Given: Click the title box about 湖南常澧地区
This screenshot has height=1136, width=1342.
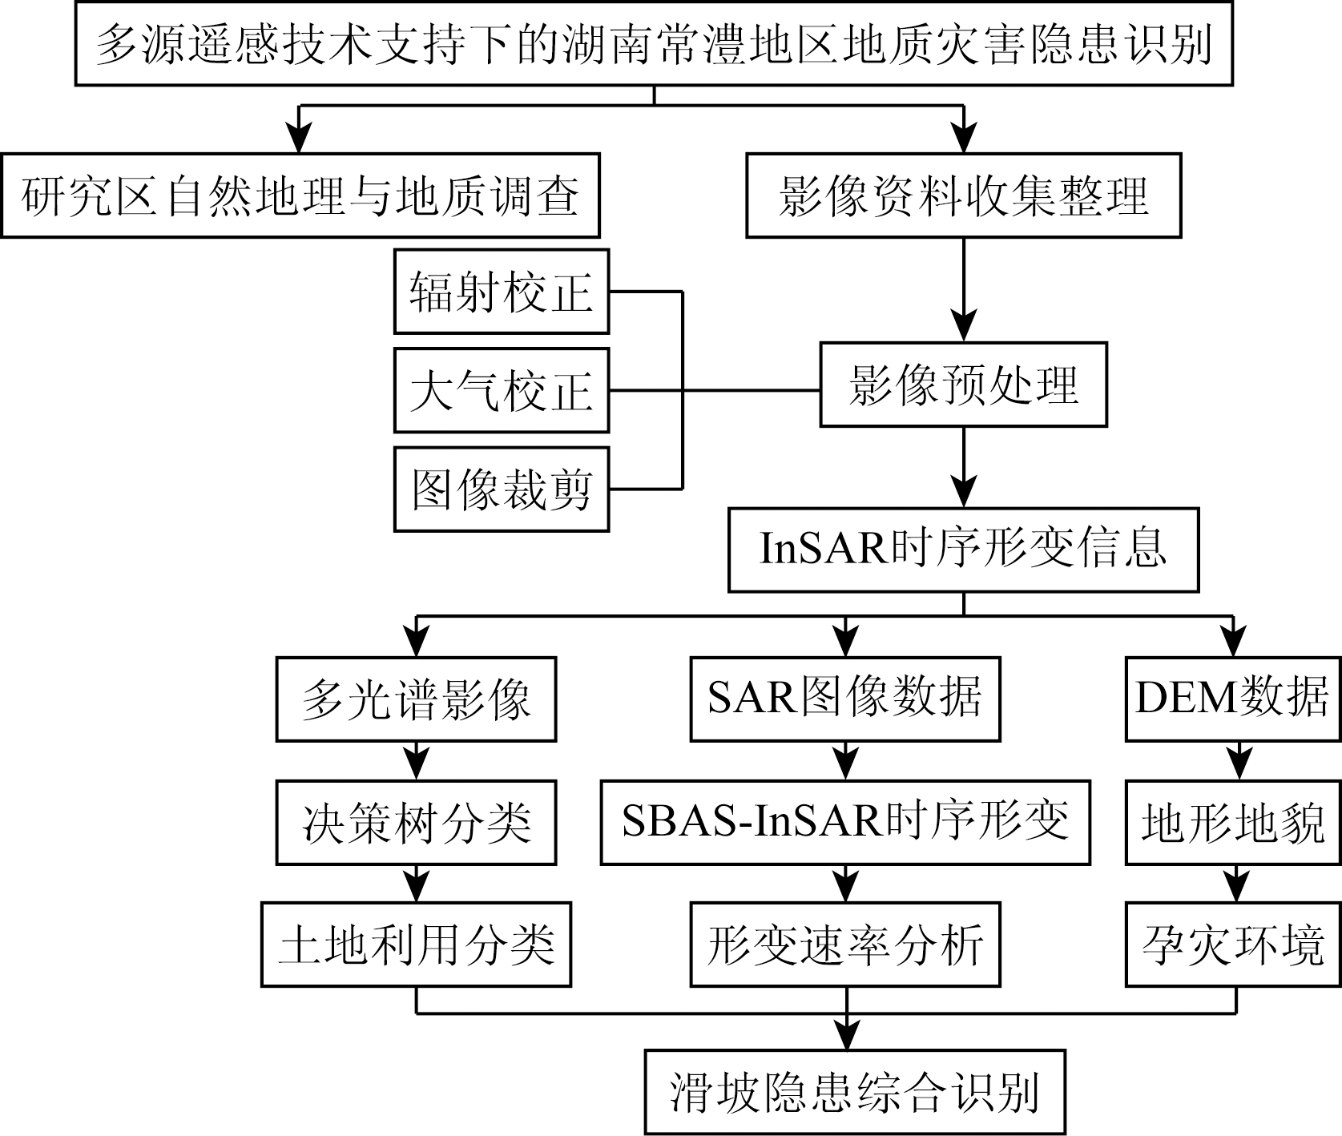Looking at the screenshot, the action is click(654, 43).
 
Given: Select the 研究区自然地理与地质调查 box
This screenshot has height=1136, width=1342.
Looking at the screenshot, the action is click(300, 195).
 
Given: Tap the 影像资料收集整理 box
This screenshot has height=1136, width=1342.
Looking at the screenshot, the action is click(964, 195).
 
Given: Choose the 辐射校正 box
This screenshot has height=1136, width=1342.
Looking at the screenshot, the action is click(502, 292).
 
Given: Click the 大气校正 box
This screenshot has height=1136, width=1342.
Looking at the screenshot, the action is click(502, 391).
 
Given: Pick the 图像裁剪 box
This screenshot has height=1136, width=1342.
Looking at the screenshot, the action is click(502, 489).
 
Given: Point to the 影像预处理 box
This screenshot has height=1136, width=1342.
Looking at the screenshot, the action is click(964, 385).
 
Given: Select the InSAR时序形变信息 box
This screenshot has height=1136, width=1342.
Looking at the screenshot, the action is click(964, 550).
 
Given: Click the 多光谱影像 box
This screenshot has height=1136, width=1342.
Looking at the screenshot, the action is click(417, 699).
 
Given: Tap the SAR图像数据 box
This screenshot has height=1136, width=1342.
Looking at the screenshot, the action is click(845, 699).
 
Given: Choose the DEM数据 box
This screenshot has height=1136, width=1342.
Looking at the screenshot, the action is click(1234, 699).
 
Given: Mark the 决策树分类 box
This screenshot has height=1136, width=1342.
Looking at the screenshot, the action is click(417, 822).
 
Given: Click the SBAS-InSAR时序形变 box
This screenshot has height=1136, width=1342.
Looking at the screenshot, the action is click(845, 822).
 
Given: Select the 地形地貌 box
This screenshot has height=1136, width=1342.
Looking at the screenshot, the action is click(1234, 822).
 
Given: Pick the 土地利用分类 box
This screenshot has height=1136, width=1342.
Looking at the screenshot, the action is click(416, 945).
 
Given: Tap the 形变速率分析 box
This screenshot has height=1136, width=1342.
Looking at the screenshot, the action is click(845, 945).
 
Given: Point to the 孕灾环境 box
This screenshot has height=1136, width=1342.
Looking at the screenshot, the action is click(1234, 945).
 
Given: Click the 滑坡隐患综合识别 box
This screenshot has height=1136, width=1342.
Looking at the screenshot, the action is click(856, 1093).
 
